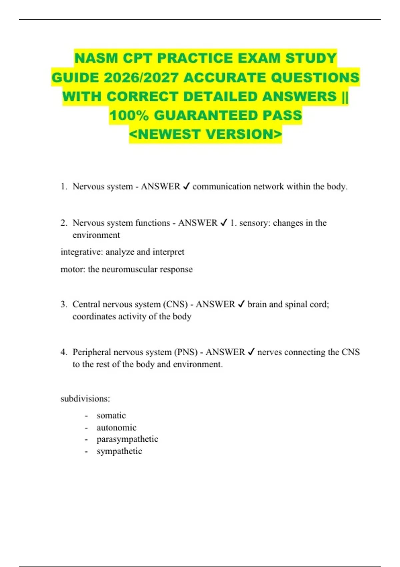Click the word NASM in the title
click(x=96, y=58)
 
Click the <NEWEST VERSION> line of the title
click(x=205, y=134)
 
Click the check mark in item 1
click(x=186, y=186)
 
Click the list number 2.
click(x=64, y=223)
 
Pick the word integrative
click(x=82, y=252)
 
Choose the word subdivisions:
click(x=85, y=399)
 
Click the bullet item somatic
click(x=111, y=416)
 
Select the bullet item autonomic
click(x=116, y=428)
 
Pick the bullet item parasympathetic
click(x=127, y=439)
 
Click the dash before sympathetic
click(x=86, y=452)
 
